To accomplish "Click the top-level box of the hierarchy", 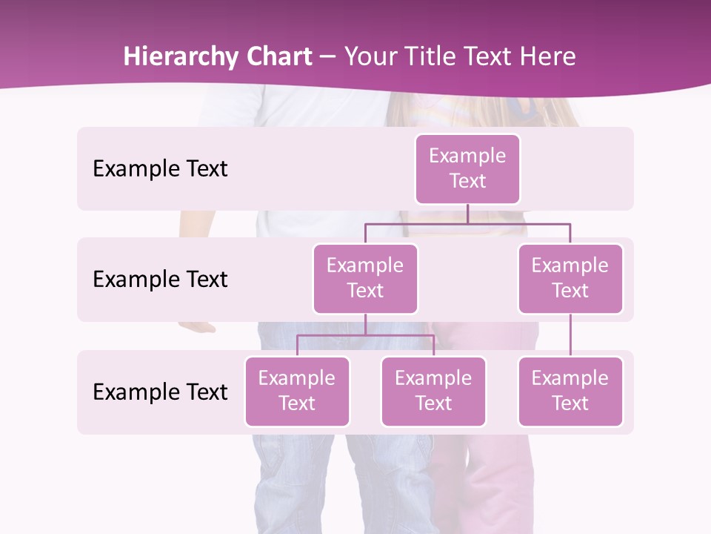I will coord(467,168).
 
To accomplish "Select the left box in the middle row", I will coord(365,278).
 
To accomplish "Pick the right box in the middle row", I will coord(570,278).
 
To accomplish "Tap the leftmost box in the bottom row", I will coord(297,391).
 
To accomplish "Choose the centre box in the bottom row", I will coord(433,391).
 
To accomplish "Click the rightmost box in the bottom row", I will coord(570,391).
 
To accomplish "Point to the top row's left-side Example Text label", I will coord(160,169).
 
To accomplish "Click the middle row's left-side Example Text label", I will coord(160,280).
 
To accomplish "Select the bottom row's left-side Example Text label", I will coord(160,392).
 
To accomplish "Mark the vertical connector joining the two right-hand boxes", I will coord(570,335).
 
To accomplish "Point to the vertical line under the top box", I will coord(467,214).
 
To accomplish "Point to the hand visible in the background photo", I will coord(196,326).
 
